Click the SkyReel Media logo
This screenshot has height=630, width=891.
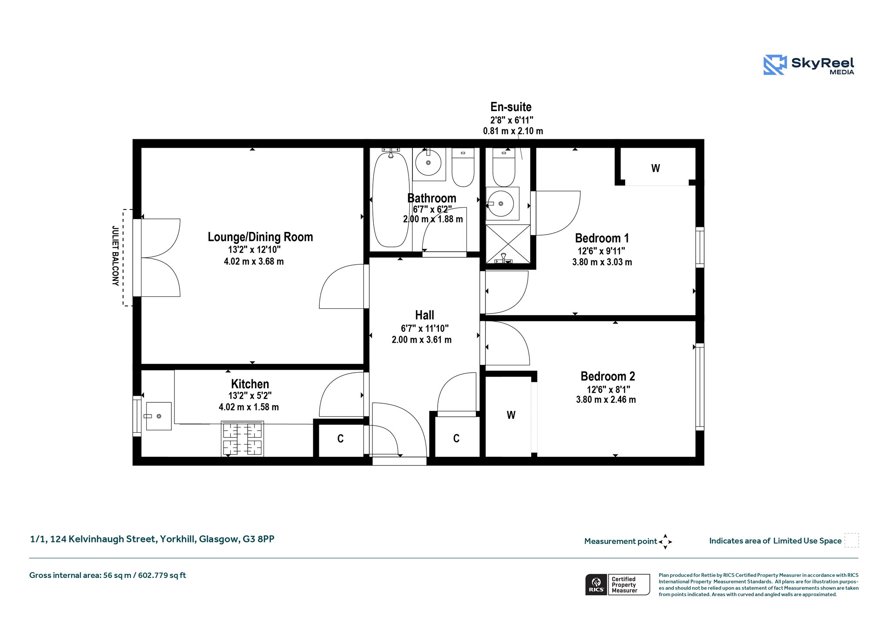coord(809,65)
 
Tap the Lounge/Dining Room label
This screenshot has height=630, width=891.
coord(260,237)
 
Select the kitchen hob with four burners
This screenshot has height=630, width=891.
coord(242,438)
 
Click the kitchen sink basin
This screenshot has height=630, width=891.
coord(158,416)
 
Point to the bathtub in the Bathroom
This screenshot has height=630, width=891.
coord(391,198)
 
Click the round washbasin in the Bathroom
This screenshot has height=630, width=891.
coord(429,163)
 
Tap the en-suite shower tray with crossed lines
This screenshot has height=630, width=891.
coord(508,244)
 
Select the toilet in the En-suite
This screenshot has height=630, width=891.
coord(504,167)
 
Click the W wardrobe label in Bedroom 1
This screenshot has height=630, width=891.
coord(656,168)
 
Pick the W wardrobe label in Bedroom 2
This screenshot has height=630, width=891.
coord(511,415)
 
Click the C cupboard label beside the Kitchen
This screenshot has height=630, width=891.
coord(341,438)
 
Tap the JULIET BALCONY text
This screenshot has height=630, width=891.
coord(115,256)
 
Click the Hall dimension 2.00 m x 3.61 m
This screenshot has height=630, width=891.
coord(422,340)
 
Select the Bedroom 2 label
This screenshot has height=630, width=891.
coord(608,376)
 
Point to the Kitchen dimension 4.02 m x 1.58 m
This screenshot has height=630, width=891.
coord(249,407)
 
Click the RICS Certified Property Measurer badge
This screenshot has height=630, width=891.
coord(618,585)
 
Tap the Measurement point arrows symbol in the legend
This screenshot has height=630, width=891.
coord(665,542)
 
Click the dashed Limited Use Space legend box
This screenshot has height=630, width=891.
coord(851,540)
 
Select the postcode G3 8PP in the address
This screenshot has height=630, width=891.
coord(258,539)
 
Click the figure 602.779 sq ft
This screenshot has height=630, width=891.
coord(162,575)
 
